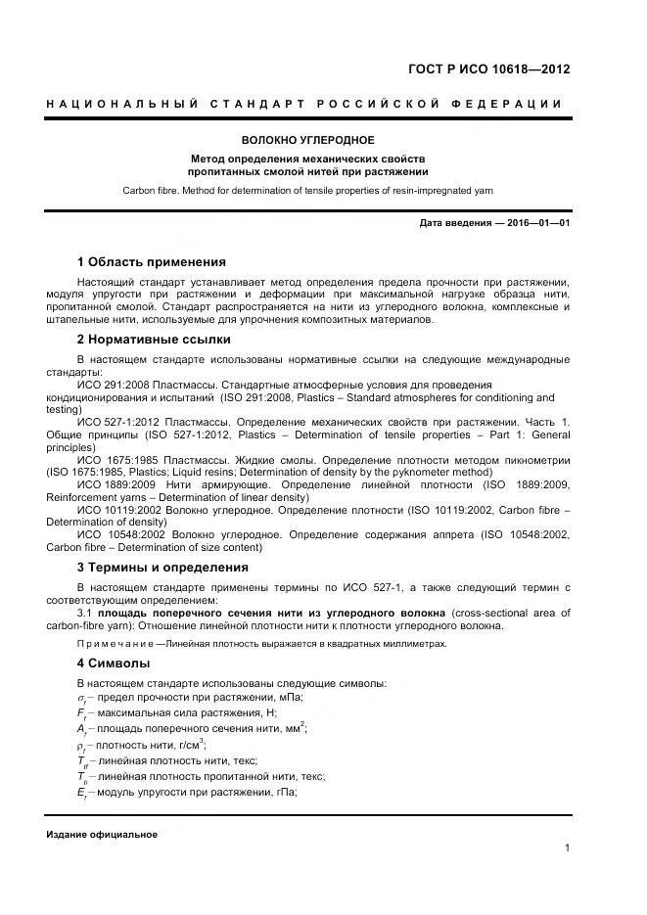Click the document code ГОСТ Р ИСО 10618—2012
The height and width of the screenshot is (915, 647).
(x=488, y=69)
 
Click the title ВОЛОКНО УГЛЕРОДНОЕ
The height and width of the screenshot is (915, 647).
(x=308, y=140)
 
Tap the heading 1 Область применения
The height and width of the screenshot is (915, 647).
(x=151, y=261)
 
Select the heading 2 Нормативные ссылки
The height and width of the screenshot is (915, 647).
(x=154, y=340)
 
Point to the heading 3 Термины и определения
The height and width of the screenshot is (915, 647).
(x=162, y=567)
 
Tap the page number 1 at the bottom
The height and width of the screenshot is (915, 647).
(x=567, y=847)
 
